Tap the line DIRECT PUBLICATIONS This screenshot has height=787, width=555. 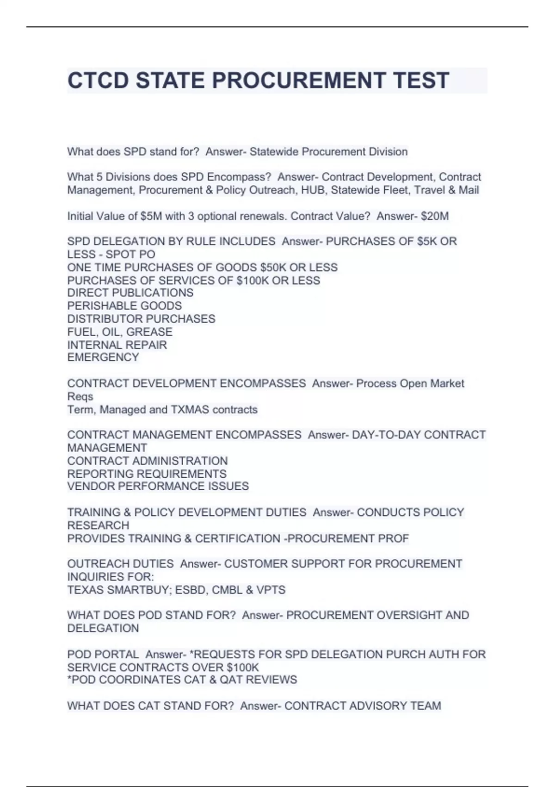tap(130, 293)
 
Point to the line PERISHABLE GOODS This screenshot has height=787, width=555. tap(124, 306)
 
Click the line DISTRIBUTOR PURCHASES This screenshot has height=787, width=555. tap(141, 319)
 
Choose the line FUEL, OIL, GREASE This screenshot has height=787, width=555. tap(120, 332)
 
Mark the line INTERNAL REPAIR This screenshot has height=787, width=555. tap(117, 345)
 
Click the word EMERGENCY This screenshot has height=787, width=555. tap(103, 357)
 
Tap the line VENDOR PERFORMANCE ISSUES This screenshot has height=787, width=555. tap(158, 486)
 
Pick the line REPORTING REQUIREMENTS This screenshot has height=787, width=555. tap(147, 474)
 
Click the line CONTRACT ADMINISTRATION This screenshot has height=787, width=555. tap(147, 461)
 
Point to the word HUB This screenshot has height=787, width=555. tap(313, 190)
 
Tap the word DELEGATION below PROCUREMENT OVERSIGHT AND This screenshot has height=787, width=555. tap(103, 628)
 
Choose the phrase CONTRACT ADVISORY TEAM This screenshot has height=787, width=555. tap(363, 706)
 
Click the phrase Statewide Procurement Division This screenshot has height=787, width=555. tap(328, 152)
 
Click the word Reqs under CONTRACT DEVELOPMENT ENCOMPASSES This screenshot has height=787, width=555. tap(80, 397)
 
